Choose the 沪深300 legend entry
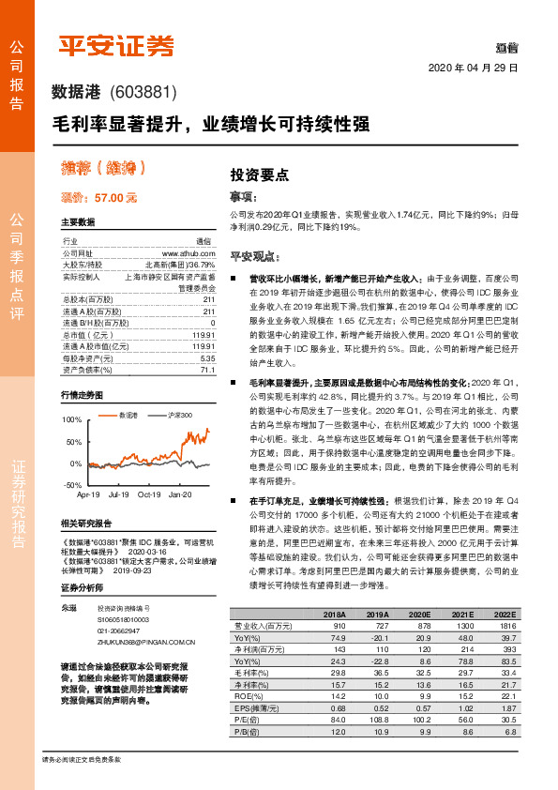[x=179, y=414]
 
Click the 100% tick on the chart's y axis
[x=72, y=419]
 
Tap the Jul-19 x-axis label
[x=119, y=494]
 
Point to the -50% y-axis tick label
[x=72, y=485]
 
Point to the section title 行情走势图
[x=83, y=395]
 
